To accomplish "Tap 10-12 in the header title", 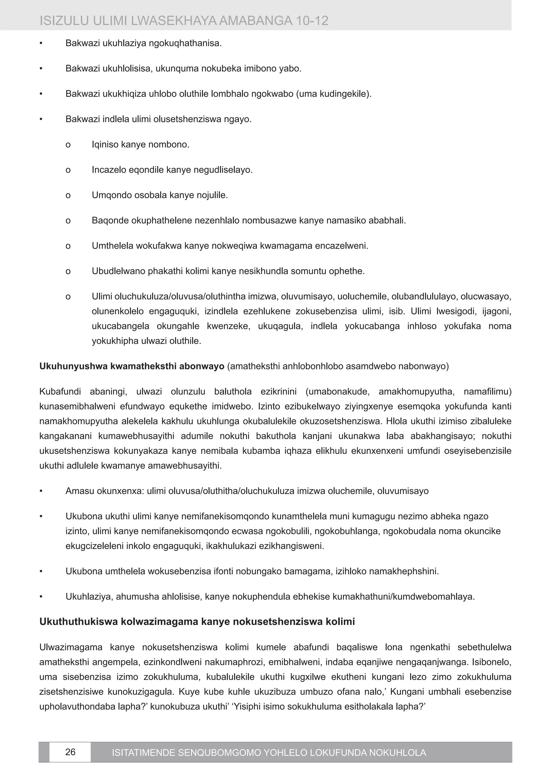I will click(312, 21).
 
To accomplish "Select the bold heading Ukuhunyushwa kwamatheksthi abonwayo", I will click(132, 366).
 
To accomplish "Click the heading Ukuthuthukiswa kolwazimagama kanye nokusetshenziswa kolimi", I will click(197, 621).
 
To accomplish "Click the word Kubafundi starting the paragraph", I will click(60, 392).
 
